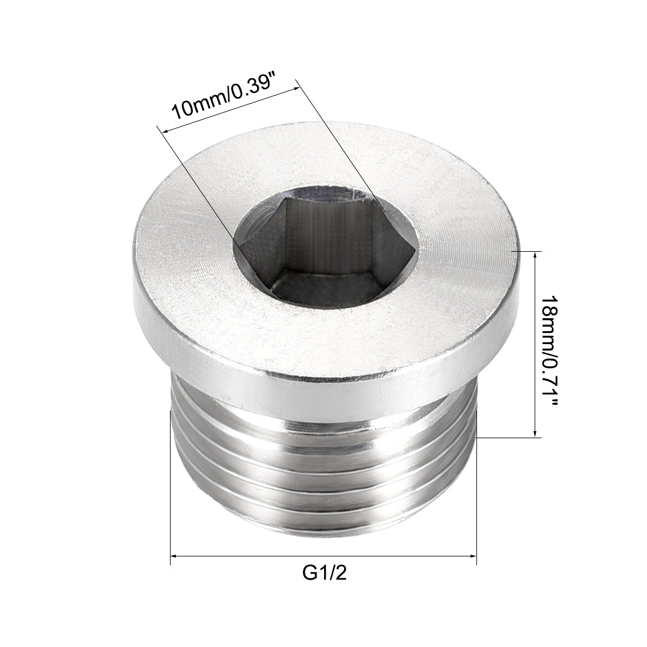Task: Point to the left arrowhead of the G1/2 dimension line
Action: pos(174,555)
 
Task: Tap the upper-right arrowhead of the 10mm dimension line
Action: pos(298,86)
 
